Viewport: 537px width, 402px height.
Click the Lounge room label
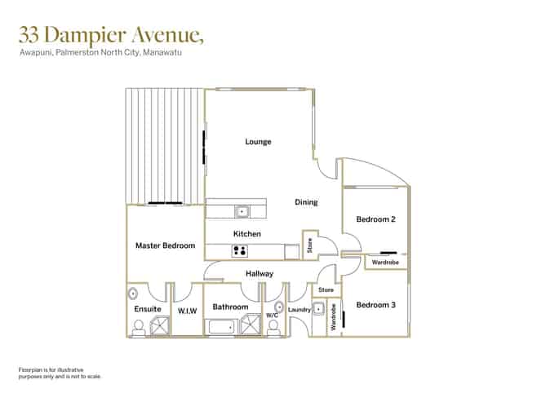click(258, 142)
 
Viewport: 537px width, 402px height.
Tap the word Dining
click(306, 202)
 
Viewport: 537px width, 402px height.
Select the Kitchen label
click(247, 234)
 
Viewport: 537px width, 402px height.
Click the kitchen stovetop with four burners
click(240, 251)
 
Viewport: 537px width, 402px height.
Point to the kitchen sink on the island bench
click(242, 212)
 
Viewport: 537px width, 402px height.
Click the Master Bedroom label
click(166, 245)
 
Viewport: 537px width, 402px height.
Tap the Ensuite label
click(148, 309)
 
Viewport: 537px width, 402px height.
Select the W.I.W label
click(188, 311)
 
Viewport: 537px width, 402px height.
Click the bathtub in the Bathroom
click(222, 327)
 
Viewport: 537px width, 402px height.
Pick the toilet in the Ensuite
click(139, 328)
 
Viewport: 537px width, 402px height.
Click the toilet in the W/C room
click(273, 328)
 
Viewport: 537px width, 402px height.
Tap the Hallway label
click(260, 274)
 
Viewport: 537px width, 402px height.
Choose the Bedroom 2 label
click(375, 219)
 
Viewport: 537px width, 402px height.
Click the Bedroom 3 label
click(375, 305)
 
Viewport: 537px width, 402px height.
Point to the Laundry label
click(300, 310)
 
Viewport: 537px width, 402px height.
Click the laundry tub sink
click(318, 309)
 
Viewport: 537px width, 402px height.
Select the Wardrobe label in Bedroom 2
click(385, 263)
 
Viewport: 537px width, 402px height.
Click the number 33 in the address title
click(29, 34)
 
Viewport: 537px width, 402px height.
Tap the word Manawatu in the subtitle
click(162, 52)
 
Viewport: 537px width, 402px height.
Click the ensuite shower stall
click(160, 325)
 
